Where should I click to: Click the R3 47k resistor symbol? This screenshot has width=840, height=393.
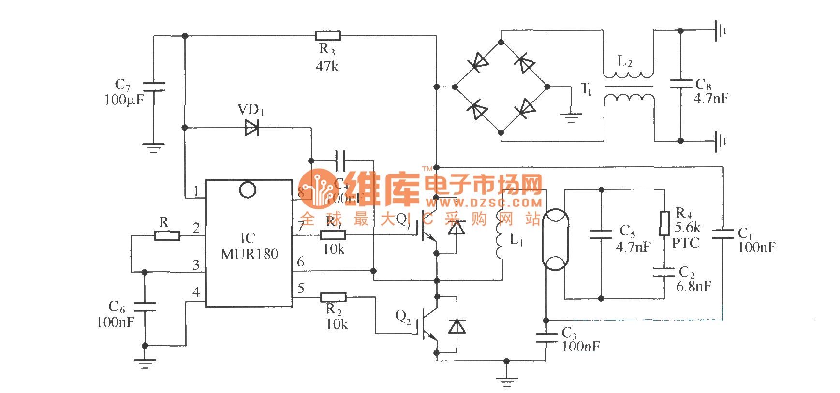(x=327, y=36)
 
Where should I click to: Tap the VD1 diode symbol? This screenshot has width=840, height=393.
(x=252, y=128)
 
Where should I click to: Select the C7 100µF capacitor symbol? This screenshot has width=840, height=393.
(x=154, y=87)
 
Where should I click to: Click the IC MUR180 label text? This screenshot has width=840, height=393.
(x=249, y=247)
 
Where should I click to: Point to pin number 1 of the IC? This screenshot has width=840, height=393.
(x=196, y=191)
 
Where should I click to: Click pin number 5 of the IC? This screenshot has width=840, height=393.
(x=301, y=289)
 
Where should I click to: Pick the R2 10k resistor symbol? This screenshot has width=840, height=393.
(x=333, y=297)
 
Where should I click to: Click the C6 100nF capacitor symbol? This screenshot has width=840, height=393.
(x=145, y=306)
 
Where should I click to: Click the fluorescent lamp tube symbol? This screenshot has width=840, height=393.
(x=555, y=240)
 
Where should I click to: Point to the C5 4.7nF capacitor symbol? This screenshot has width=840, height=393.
(x=601, y=234)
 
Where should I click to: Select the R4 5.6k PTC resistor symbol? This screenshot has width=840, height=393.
(x=665, y=223)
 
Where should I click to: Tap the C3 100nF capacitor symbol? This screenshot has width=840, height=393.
(x=546, y=337)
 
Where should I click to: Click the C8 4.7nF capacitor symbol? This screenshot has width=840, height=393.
(x=680, y=84)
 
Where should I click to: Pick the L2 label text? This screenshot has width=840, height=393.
(x=625, y=62)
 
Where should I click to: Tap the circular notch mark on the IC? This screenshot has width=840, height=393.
(x=248, y=190)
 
